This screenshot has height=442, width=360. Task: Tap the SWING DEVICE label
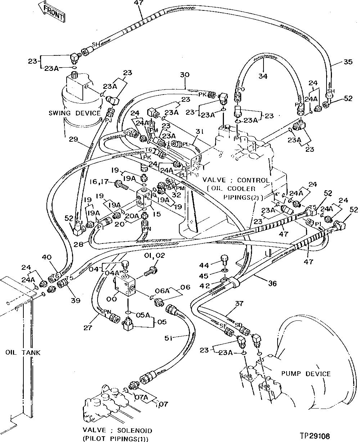click(75, 113)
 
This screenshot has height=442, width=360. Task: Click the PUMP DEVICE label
click(308, 374)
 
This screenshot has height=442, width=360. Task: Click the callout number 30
click(184, 76)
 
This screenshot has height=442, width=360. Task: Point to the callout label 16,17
click(102, 183)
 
